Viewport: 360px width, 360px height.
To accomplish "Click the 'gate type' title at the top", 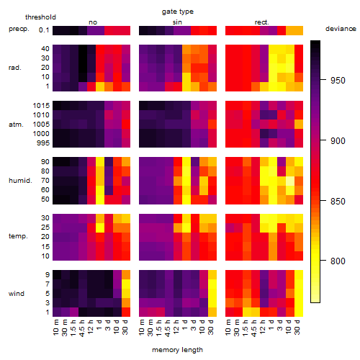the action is coord(178,12).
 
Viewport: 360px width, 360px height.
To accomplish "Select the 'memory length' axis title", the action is coord(177,350).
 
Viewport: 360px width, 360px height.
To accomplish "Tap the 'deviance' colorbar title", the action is coord(341,29).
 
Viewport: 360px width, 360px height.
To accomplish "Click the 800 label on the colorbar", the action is coord(338,261).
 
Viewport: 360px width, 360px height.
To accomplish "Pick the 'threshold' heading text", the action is coord(40,17).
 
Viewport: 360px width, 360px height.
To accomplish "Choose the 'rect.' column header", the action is coord(262,22).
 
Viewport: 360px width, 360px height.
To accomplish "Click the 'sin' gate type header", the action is coord(177,22).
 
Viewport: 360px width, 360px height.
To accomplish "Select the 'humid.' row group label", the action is coord(20,181).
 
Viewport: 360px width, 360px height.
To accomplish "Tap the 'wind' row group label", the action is coord(17,294).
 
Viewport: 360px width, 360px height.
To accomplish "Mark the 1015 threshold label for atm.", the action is coord(41,106).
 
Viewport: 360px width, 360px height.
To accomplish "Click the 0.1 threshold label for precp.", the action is coord(44,30).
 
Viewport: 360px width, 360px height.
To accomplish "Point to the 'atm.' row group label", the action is coord(16,125).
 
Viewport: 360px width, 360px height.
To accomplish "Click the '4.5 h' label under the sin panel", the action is coord(168,328).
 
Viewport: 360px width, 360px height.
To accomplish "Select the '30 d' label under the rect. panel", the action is coord(297,327).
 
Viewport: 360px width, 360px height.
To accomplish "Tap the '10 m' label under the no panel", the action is coord(55,328).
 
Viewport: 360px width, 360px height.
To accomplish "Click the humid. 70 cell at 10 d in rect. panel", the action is coord(290,181).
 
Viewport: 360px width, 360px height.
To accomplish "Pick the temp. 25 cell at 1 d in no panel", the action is coord(100,228).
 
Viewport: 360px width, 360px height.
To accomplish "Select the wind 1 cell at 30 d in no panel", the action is coord(126,312).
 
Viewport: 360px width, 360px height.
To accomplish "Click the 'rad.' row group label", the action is coord(15,68).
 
